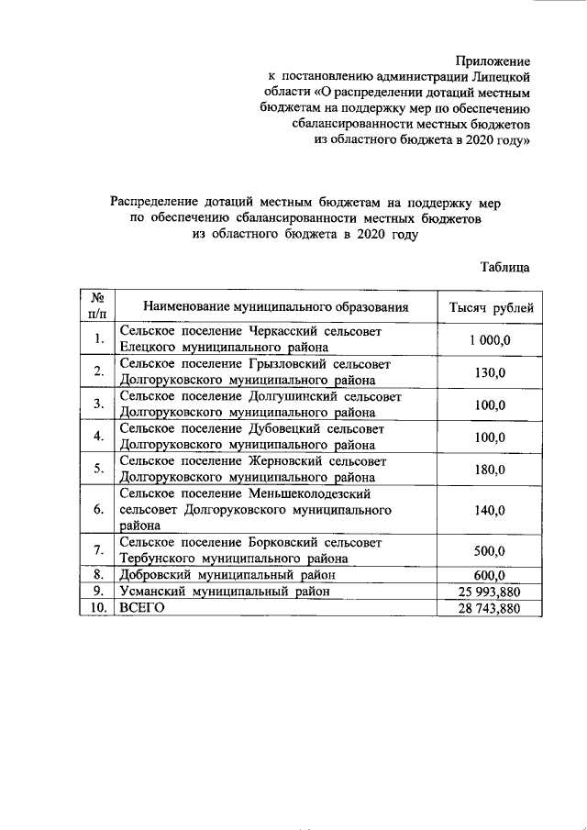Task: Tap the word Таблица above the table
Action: [504, 268]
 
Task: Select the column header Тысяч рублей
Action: [490, 307]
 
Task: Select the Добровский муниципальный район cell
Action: [227, 575]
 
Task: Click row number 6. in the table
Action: [96, 511]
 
